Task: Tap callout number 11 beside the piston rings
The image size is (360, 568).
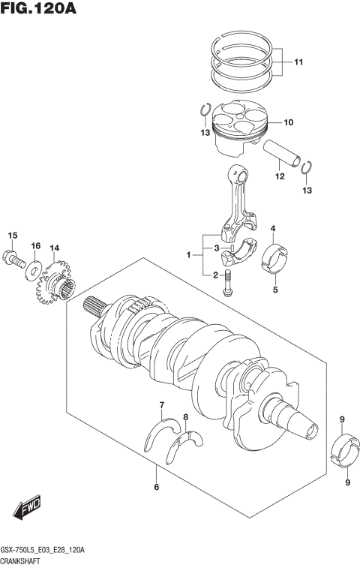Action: tap(298, 62)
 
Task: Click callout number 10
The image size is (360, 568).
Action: tap(288, 122)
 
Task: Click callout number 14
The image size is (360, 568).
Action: tap(54, 248)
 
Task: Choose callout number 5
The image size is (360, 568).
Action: tap(275, 290)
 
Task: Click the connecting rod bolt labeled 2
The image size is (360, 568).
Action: tap(229, 286)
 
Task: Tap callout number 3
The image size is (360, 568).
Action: tap(215, 248)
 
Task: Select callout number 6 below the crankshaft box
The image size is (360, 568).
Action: tap(156, 488)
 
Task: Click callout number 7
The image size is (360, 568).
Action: tap(160, 406)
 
